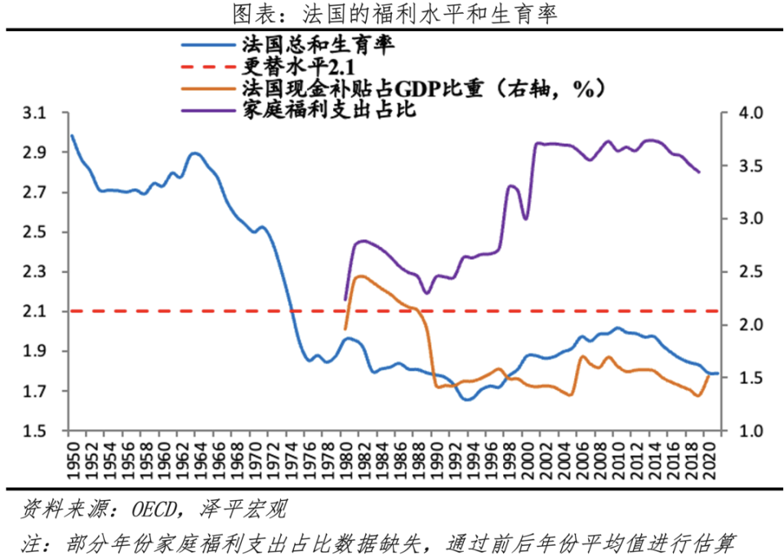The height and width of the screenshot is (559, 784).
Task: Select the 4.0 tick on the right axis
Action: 746,114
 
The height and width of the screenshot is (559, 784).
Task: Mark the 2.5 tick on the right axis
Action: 746,272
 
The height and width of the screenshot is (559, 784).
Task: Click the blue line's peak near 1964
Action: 194,153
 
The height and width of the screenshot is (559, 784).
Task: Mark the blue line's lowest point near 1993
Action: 465,400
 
